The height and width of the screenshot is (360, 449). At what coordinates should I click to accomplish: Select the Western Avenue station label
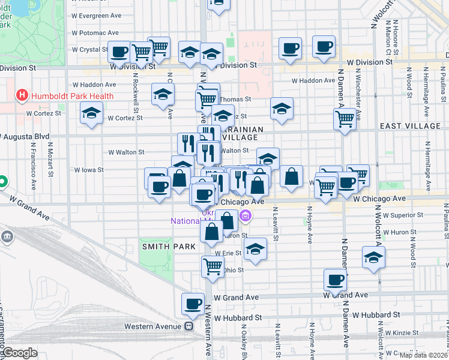click(152, 326)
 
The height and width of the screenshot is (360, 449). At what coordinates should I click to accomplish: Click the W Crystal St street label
click(90, 50)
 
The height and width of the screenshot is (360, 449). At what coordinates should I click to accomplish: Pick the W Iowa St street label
click(89, 170)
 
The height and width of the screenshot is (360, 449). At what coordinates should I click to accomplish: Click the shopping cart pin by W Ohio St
click(212, 266)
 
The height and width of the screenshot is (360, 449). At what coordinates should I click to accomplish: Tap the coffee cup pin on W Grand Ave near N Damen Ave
click(335, 279)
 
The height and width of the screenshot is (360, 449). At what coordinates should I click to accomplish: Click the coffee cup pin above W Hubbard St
click(193, 304)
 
